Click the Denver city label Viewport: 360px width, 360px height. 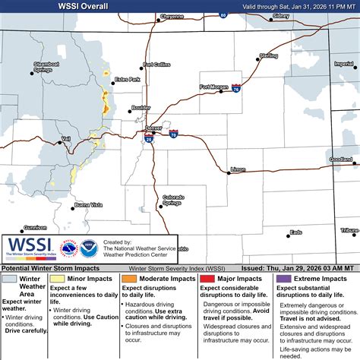pos(153,128)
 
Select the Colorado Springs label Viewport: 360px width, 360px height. pos(173,201)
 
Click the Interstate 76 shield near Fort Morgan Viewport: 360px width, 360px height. pos(237,89)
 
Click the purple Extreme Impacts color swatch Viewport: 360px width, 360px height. pos(283,279)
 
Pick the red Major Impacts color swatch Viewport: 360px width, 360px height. pos(204,279)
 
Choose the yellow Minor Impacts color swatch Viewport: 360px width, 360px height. pos(55,279)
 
